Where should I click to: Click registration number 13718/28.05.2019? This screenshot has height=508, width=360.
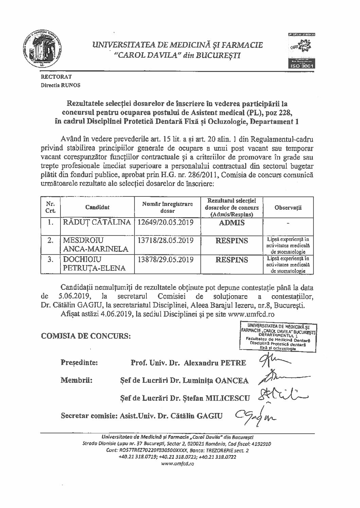(166, 241)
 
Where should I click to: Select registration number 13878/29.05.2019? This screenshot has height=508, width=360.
(166, 260)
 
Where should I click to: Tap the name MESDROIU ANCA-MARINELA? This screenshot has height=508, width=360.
(92, 245)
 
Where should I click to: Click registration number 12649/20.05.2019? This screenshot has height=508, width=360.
(166, 223)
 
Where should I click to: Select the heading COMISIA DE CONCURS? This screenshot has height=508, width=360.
(86, 336)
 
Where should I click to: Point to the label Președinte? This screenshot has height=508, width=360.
(79, 362)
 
